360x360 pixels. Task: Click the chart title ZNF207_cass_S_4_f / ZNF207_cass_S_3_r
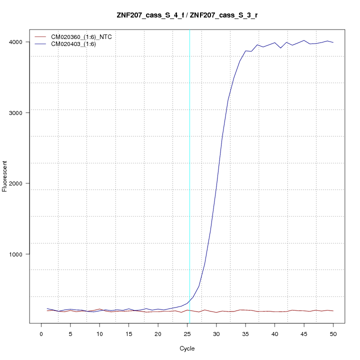coord(187,15)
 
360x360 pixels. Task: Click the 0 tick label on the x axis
coord(41,333)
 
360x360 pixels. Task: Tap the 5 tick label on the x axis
coord(70,333)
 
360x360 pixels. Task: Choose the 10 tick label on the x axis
coord(99,333)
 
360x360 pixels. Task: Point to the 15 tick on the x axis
coord(128,333)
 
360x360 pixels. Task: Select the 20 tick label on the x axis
coord(158,333)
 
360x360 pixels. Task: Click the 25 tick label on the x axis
coord(187,333)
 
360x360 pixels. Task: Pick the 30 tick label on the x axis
coord(216,333)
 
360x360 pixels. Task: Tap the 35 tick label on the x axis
coord(245,333)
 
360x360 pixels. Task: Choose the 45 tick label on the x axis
coord(304,333)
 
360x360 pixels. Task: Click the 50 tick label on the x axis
coord(333,333)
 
